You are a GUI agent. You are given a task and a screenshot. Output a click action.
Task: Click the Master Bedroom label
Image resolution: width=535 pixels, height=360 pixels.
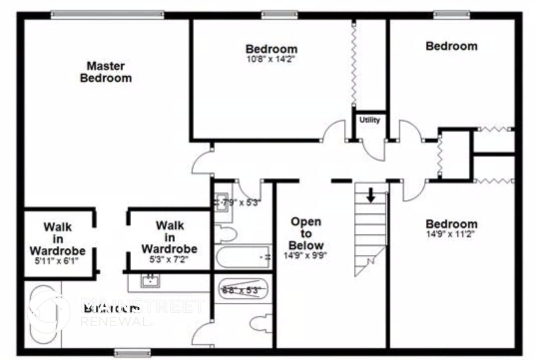click(106, 72)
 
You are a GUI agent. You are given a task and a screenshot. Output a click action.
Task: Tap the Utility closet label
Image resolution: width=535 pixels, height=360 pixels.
click(370, 120)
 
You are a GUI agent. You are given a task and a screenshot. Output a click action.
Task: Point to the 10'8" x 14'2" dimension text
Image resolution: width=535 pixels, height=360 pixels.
click(271, 58)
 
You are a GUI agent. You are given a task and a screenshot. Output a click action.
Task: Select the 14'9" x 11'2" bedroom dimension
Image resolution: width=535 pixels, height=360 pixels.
click(451, 233)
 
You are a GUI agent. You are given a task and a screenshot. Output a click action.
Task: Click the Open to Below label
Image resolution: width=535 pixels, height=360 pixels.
click(306, 233)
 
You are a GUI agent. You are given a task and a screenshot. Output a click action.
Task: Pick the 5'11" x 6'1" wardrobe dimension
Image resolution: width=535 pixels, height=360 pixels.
click(57, 260)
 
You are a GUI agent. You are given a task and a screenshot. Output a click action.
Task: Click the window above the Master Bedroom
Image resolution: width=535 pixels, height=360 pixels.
click(107, 15)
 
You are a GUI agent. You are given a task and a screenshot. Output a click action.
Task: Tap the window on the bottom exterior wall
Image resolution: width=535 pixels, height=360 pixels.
click(132, 353)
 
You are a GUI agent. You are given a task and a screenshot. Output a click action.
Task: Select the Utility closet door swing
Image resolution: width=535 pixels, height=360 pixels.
click(373, 150)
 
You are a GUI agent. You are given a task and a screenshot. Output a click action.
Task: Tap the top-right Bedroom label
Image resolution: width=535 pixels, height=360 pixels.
click(451, 46)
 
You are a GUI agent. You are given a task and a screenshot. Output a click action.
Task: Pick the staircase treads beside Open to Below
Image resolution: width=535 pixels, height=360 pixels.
click(370, 229)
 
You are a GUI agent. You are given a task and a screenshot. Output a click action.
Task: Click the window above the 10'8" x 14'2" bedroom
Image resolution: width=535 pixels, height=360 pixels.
click(279, 15)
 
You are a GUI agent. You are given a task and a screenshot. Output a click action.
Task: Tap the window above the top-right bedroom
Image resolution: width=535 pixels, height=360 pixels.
click(451, 15)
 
